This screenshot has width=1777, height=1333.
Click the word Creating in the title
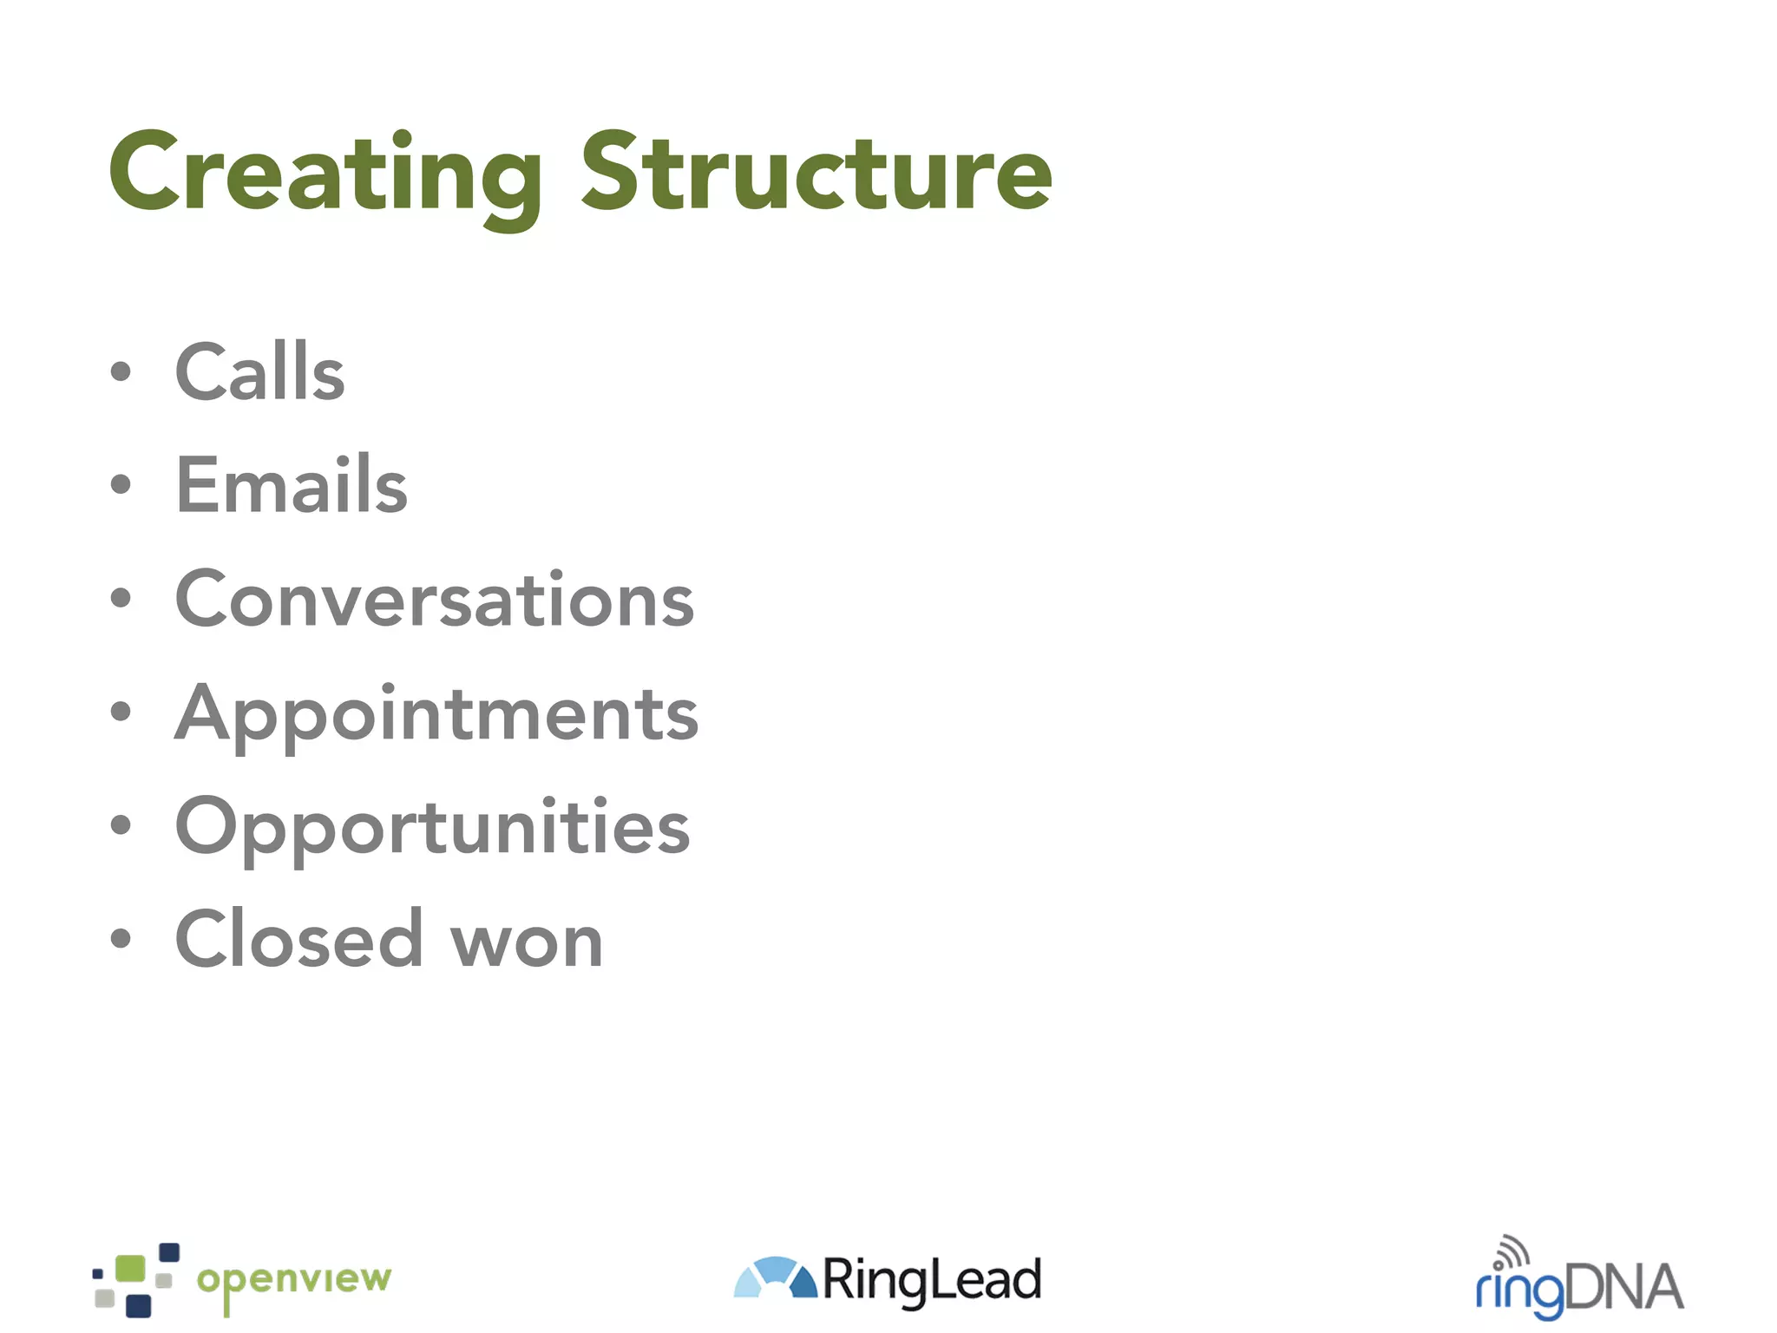click(x=325, y=174)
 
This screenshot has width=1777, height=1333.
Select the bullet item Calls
click(x=259, y=373)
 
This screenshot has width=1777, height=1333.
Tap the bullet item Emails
click(x=291, y=486)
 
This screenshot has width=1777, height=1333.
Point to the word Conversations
click(x=434, y=600)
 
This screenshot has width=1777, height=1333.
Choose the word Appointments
click(x=436, y=714)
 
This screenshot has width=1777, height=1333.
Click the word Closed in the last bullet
click(x=298, y=941)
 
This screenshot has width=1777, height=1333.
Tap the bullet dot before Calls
click(x=121, y=372)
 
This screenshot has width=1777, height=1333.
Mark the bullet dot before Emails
click(x=121, y=484)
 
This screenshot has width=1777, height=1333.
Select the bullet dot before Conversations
click(x=121, y=598)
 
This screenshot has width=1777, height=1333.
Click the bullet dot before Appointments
click(x=121, y=712)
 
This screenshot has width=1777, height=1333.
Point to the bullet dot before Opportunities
click(x=121, y=825)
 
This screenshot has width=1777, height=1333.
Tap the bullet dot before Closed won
click(x=121, y=938)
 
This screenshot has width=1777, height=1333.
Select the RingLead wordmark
click(x=931, y=1280)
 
